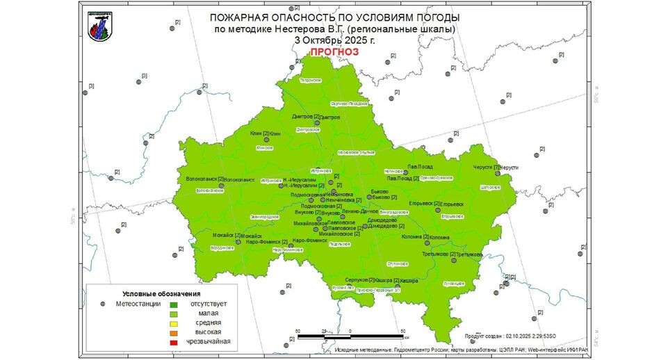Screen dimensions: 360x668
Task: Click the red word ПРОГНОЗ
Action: click(334, 51)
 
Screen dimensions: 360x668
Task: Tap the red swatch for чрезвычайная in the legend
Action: click(174, 341)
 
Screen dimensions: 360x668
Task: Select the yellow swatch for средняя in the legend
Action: click(174, 322)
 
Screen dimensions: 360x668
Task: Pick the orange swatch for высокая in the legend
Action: click(174, 332)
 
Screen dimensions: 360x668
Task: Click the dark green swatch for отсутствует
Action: click(174, 304)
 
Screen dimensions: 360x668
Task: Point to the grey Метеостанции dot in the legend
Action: click(103, 304)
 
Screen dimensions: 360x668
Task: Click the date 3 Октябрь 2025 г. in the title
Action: click(334, 40)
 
